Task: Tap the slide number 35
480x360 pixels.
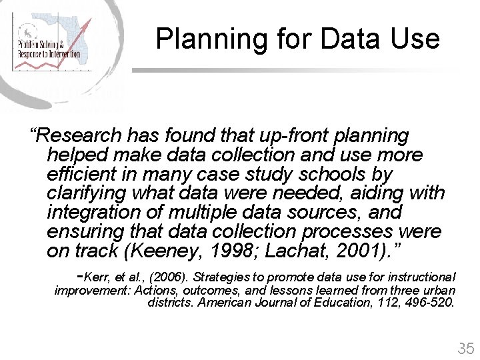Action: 465,348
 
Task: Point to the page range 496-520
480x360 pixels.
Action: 427,303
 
